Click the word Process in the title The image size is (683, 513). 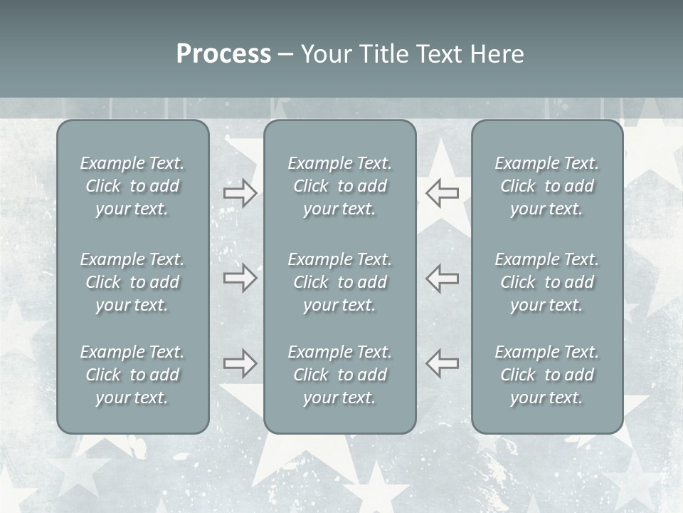point(223,54)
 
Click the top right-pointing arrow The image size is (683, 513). point(240,193)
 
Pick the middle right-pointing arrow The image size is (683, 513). point(240,278)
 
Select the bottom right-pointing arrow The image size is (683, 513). point(240,363)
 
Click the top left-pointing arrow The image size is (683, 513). point(443,193)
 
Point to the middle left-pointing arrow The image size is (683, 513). point(443,278)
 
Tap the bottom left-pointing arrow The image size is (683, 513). point(443,363)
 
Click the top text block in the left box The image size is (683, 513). point(132,186)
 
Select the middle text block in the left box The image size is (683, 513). point(132,282)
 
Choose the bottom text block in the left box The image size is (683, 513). point(132,375)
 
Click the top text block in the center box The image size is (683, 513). point(339,186)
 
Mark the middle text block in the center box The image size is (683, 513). point(339,282)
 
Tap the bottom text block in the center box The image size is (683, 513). point(339,375)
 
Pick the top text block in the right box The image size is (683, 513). point(546,186)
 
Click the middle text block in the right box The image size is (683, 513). point(546,282)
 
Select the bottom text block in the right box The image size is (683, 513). point(546,375)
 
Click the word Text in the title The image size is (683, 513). point(441,54)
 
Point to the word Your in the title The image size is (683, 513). point(328,54)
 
